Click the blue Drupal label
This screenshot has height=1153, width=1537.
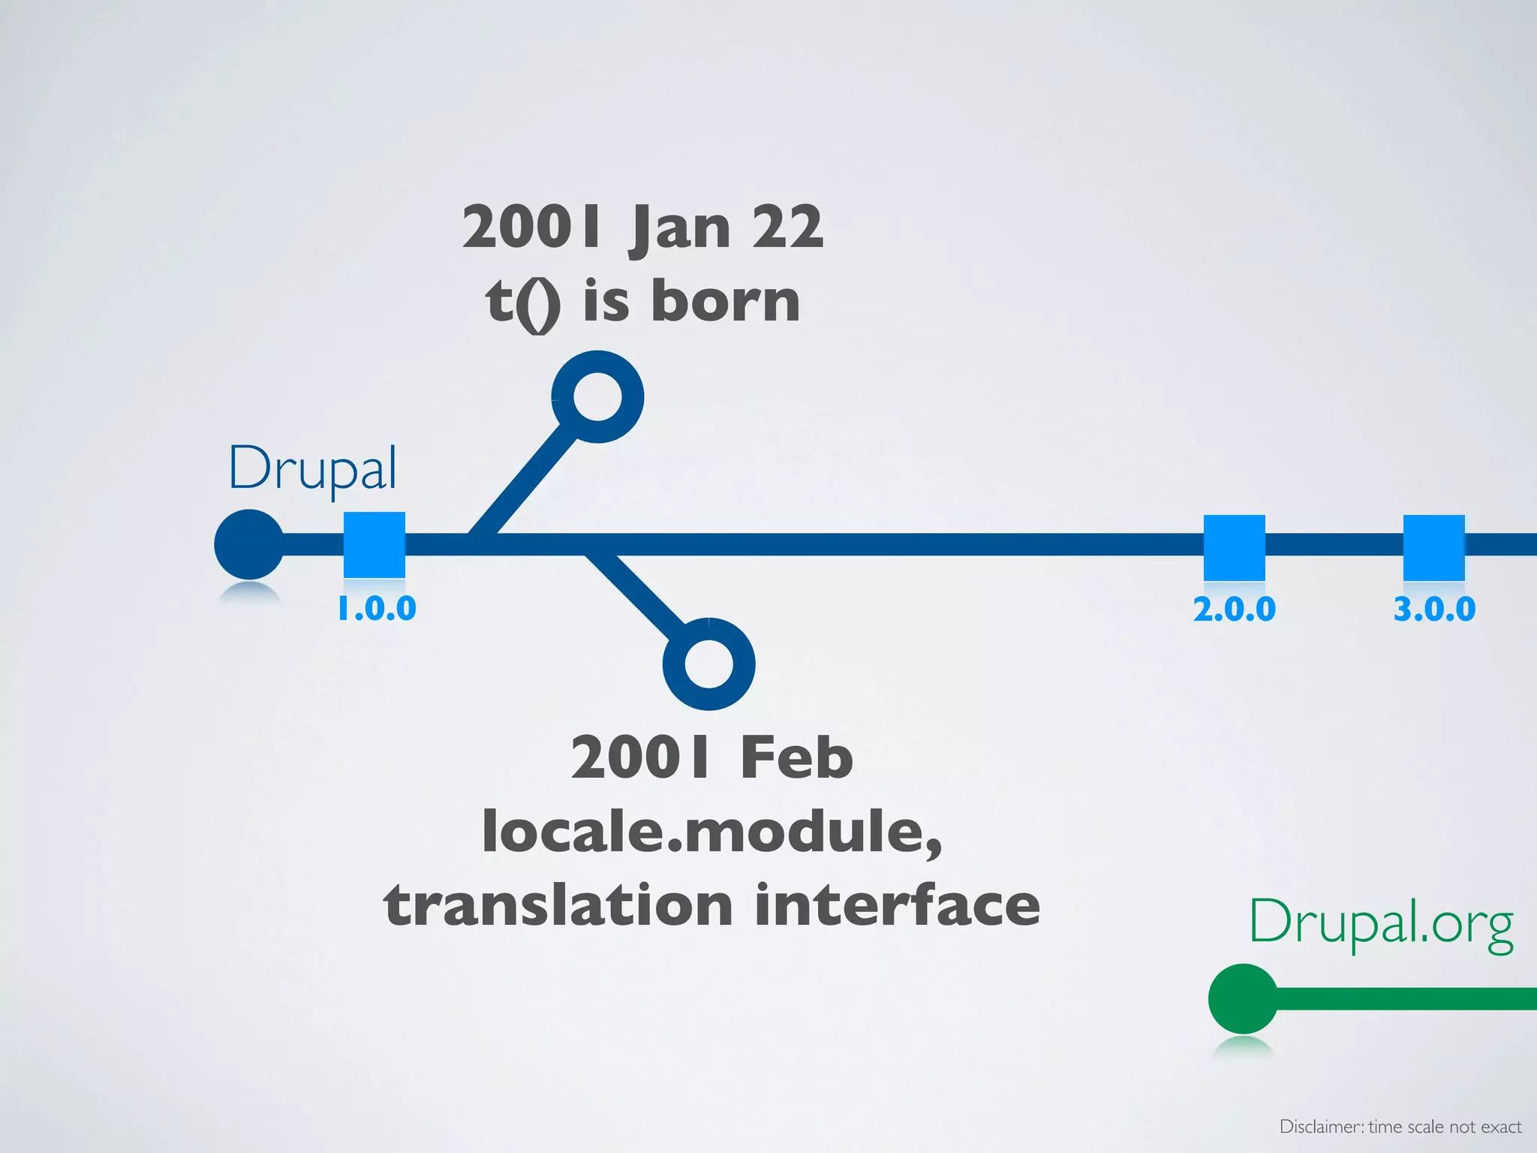pos(312,468)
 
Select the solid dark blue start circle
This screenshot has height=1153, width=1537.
pos(249,544)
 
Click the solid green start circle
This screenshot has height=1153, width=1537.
pos(1243,999)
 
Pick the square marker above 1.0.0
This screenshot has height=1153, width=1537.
pos(374,545)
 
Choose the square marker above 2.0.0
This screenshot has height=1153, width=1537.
pos(1235,547)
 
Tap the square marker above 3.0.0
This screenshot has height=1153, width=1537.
pos(1434,547)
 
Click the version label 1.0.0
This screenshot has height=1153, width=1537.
pos(377,609)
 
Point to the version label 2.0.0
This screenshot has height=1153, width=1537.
pos(1235,609)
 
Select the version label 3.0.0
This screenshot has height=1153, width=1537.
pos(1434,609)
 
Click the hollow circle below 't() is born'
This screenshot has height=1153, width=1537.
pos(597,396)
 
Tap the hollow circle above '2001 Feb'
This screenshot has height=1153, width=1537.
pos(708,664)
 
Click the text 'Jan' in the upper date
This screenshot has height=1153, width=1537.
pos(681,228)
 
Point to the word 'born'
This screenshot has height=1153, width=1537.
pos(725,301)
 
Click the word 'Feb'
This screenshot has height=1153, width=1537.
pos(796,757)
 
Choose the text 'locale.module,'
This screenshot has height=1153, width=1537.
pos(711,832)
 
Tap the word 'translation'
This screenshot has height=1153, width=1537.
pos(558,905)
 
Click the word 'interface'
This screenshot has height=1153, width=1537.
pos(898,905)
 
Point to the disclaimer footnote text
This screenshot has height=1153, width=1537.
pos(1400,1126)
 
